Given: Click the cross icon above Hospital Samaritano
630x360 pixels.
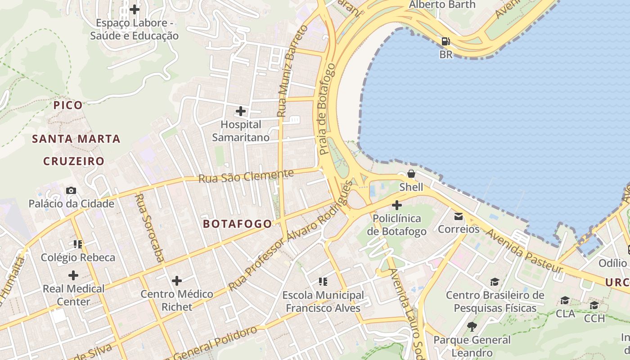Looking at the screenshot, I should click(x=241, y=111).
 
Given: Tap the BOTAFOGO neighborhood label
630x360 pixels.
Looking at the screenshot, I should click(x=237, y=224).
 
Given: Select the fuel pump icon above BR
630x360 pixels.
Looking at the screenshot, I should click(x=445, y=41).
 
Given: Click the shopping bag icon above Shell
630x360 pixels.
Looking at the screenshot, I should click(x=411, y=174).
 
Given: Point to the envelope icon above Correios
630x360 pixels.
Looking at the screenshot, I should click(x=459, y=216).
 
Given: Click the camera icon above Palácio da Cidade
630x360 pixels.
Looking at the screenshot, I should click(x=71, y=190).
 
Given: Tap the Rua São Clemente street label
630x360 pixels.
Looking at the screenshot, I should click(x=246, y=176).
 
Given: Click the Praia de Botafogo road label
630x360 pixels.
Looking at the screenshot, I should click(x=327, y=109).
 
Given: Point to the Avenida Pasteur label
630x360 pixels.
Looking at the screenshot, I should click(x=524, y=250).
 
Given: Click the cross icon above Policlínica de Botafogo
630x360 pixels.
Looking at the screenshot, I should click(x=396, y=206).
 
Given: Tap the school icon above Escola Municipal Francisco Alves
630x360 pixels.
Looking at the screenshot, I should click(x=323, y=282).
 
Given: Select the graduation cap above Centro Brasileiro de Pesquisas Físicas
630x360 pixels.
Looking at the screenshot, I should click(x=495, y=282).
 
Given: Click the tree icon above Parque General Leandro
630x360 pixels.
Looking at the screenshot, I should click(x=472, y=326).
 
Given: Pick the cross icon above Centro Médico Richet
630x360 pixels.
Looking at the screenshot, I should click(x=177, y=281).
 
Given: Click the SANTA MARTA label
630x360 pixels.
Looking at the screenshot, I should click(x=76, y=139).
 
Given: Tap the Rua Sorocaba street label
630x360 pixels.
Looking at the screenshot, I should click(x=149, y=228).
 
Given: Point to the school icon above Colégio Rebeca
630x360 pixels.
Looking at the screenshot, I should click(x=78, y=244).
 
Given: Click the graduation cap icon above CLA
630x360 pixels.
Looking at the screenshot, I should click(x=565, y=300).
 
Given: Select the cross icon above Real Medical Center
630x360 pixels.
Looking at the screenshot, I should click(x=73, y=275).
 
